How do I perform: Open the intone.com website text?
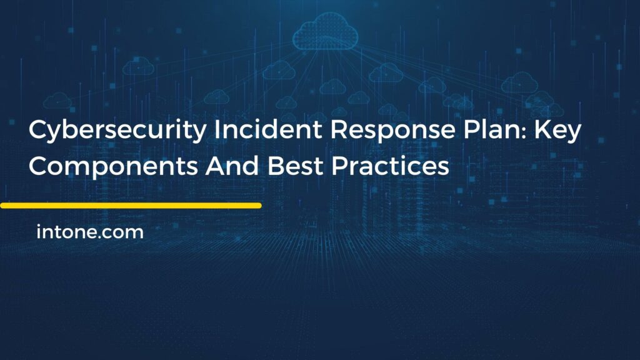click(90, 233)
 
